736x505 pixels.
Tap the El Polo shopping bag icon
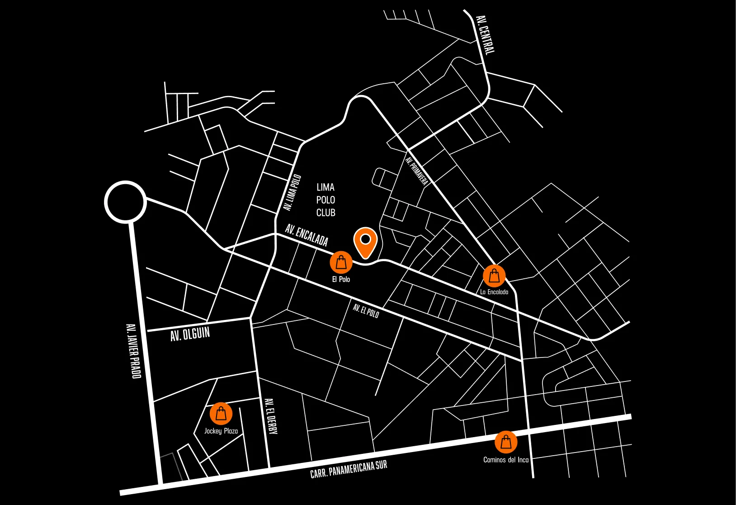click(341, 262)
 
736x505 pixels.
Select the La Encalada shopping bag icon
click(494, 276)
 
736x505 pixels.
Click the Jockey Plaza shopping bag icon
click(221, 414)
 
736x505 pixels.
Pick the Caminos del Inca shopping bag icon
click(506, 442)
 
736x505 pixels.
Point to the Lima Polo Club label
click(326, 200)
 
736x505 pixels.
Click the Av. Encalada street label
click(307, 235)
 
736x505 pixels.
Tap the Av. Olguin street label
click(190, 334)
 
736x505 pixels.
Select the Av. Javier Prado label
click(133, 351)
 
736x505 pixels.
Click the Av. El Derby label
click(270, 416)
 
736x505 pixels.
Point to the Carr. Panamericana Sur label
click(349, 469)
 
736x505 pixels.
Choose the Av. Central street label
click(486, 34)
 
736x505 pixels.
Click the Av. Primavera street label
click(416, 171)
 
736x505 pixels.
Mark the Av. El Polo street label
click(366, 311)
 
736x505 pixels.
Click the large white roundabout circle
click(125, 202)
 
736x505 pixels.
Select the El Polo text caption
click(341, 280)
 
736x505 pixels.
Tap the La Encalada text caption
click(494, 292)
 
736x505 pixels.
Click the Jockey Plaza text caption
click(221, 431)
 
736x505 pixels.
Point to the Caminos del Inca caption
click(506, 460)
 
